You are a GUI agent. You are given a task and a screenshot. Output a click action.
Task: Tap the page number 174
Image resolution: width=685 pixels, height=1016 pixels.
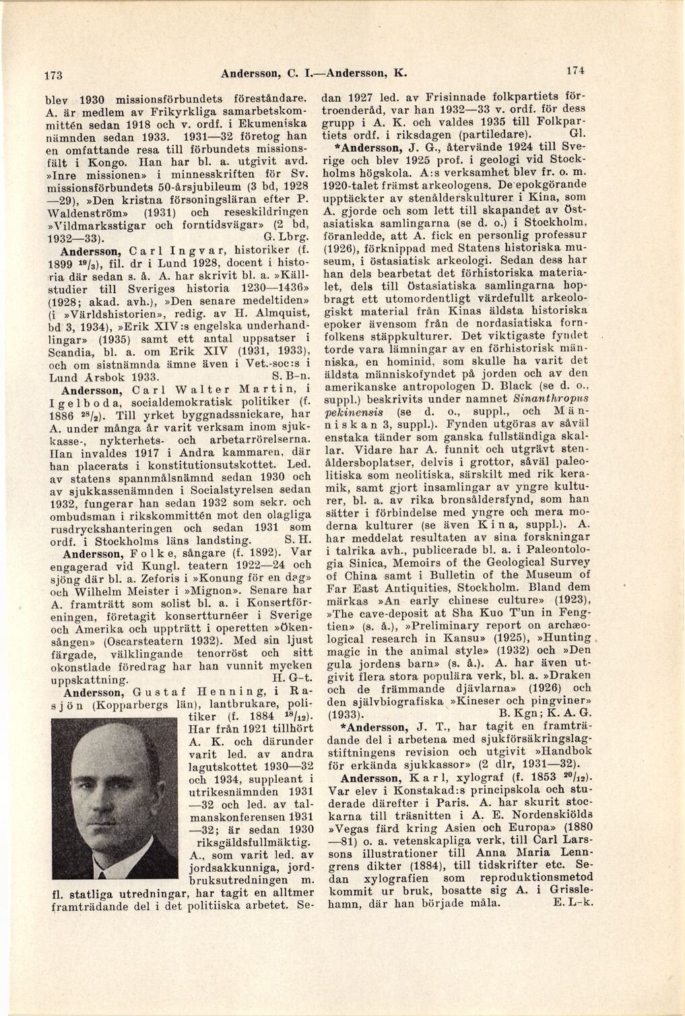[x=574, y=69]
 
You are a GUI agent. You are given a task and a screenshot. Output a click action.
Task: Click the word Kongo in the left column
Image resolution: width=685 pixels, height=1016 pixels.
[x=120, y=162]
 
